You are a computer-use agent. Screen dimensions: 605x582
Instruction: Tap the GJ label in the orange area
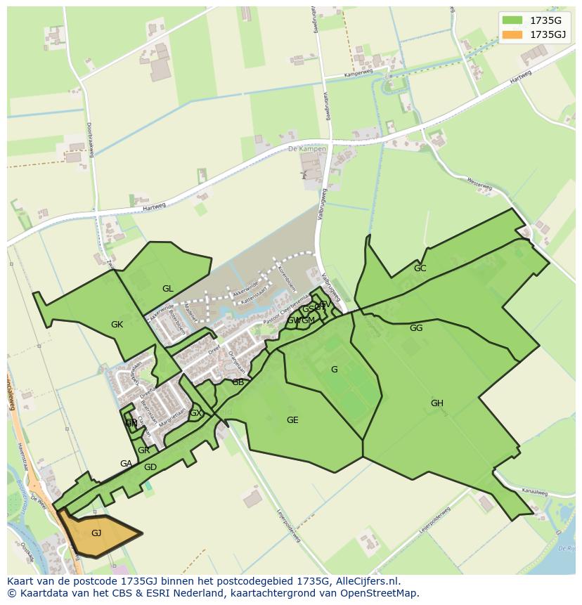pyautogui.click(x=96, y=533)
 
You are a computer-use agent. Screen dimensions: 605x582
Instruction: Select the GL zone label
pyautogui.click(x=167, y=289)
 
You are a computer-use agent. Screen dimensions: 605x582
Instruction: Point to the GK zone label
pyautogui.click(x=117, y=325)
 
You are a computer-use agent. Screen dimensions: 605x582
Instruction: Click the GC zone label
pyautogui.click(x=420, y=268)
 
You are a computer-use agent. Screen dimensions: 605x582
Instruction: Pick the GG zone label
pyautogui.click(x=416, y=328)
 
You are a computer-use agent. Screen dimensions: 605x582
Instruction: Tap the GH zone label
pyautogui.click(x=436, y=403)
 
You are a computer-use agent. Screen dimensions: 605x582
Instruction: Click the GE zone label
pyautogui.click(x=292, y=420)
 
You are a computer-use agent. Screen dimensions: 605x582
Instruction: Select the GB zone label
pyautogui.click(x=238, y=382)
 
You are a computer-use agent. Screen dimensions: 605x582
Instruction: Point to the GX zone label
pyautogui.click(x=195, y=413)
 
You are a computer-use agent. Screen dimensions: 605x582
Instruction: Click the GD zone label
pyautogui.click(x=150, y=467)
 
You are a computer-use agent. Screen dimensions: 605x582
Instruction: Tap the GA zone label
pyautogui.click(x=126, y=464)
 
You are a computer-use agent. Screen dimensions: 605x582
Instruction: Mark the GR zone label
pyautogui.click(x=143, y=450)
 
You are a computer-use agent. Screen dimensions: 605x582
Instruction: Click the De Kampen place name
pyautogui.click(x=307, y=150)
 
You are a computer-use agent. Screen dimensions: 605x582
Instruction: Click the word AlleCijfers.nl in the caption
pyautogui.click(x=365, y=582)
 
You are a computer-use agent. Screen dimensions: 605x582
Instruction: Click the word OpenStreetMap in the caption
pyautogui.click(x=382, y=594)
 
